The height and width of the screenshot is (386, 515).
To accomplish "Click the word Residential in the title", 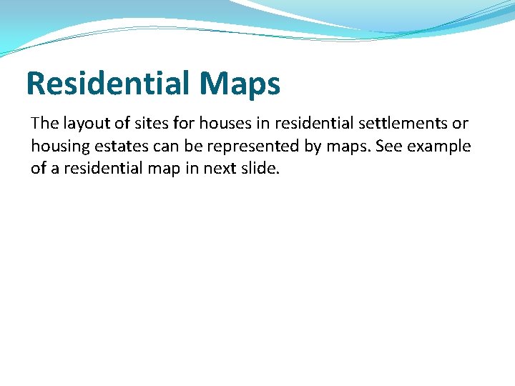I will pos(107,84).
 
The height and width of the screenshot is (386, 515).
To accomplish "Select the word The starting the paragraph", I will pos(44,123).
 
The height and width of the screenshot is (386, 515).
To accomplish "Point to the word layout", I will pos(87,124).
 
